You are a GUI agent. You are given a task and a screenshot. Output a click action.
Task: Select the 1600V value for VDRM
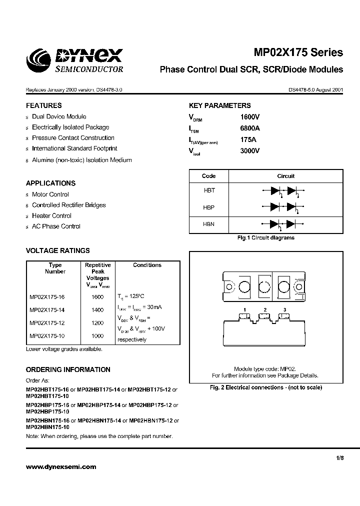tap(250, 116)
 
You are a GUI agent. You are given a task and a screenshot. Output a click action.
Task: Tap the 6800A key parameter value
tap(250, 128)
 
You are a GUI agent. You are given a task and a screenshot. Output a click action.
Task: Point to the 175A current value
tap(248, 139)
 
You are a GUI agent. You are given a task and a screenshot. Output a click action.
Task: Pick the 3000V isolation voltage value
tap(250, 150)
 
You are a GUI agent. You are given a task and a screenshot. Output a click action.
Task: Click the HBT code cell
tap(208, 190)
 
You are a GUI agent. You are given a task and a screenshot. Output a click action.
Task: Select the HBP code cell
tap(208, 207)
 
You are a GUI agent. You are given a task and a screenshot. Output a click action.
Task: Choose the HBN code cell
tap(208, 224)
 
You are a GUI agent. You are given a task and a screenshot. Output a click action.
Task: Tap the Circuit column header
tap(285, 176)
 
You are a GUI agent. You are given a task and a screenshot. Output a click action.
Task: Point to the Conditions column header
tap(147, 265)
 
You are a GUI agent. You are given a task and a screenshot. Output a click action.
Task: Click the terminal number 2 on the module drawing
tap(264, 310)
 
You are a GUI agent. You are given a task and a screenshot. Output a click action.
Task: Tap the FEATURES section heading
tap(44, 105)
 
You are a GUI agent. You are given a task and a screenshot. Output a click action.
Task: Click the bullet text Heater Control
tap(51, 215)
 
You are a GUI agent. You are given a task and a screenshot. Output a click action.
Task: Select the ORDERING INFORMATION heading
tap(68, 369)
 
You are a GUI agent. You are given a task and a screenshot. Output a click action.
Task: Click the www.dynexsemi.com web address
tap(60, 467)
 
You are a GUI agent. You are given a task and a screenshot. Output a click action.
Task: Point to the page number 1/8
tap(339, 457)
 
